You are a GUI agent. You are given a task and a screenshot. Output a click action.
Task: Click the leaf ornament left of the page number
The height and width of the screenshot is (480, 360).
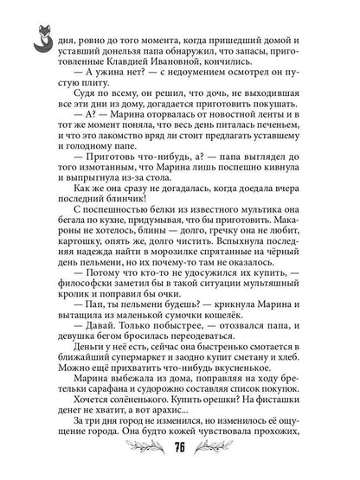point(141,447)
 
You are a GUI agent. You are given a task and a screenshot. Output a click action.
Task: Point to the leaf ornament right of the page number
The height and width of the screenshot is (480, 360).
point(221,447)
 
